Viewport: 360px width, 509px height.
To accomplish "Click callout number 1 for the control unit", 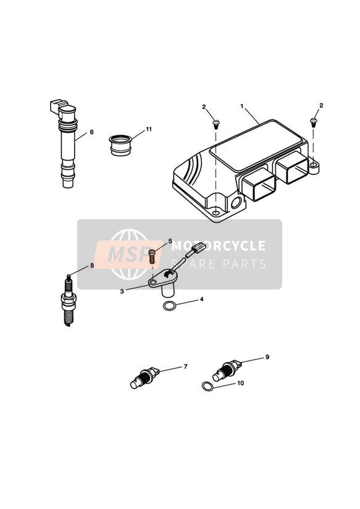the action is coord(242,106).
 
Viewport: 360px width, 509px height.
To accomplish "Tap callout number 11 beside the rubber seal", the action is coord(149,129).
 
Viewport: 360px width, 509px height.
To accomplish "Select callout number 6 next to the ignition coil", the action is coord(91,132).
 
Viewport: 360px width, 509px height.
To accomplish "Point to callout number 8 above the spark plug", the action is coord(92,265).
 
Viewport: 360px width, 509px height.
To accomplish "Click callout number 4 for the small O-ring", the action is coord(201,299).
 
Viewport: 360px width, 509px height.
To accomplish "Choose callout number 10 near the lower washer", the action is coord(240,383).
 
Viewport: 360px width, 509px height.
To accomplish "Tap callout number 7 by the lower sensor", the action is coord(186,366).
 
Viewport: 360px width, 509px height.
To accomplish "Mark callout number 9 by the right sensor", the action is coord(267,357).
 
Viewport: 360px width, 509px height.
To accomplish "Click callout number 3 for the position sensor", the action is coord(122,291).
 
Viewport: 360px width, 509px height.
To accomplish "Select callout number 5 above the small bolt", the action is coord(170,241).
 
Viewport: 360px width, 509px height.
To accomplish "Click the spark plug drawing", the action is coord(69,300).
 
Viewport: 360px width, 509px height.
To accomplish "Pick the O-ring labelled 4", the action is coord(169,306).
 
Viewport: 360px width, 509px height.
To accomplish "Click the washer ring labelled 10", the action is coord(207,387).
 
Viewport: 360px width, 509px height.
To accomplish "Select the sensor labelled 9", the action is coord(227,370).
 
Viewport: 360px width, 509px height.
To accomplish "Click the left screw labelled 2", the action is coord(216,124).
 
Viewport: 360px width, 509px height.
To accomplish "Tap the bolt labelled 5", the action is coord(152,256).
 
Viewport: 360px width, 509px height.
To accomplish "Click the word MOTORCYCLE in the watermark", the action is coord(218,246).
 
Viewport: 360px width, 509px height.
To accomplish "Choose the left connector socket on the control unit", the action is coord(258,187).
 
